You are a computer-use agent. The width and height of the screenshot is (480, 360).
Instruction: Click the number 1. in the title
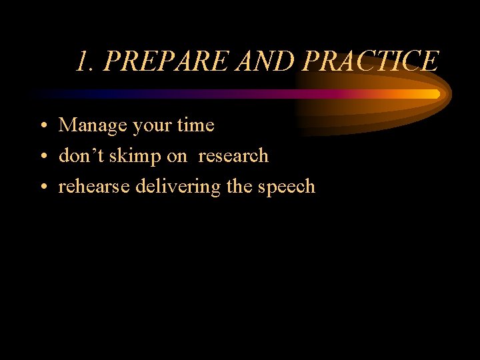tap(85, 61)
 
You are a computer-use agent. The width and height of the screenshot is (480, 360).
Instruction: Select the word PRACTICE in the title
tap(371, 61)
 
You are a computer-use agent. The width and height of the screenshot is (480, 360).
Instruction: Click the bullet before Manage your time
tap(42, 126)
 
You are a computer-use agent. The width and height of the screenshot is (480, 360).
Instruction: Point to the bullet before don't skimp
tap(42, 157)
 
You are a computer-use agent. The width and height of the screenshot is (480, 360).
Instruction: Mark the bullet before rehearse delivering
tap(42, 187)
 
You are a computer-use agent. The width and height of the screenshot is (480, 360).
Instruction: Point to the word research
tap(233, 156)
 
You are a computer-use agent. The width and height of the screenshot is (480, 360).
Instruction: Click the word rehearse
tap(94, 187)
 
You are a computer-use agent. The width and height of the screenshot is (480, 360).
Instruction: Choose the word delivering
tap(178, 187)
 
